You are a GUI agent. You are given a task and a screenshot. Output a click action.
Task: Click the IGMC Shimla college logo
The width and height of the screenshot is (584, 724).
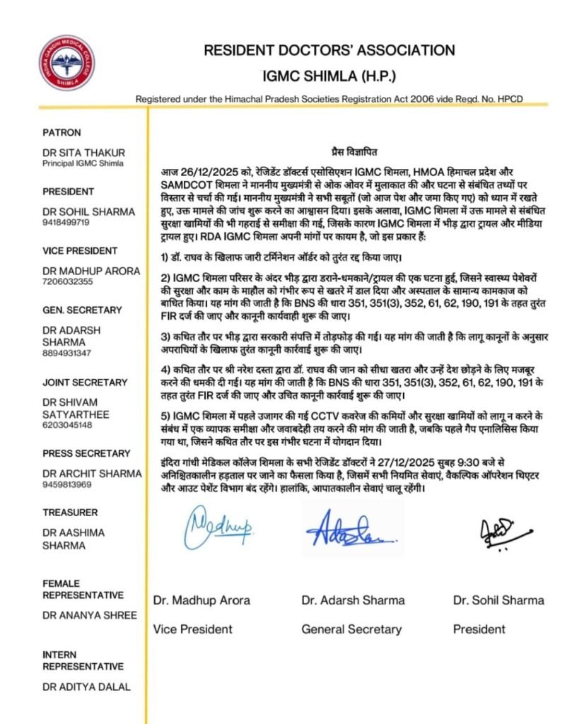point(66,62)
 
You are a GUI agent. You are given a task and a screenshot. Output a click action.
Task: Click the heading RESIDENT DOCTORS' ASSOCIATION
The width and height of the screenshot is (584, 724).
point(329,50)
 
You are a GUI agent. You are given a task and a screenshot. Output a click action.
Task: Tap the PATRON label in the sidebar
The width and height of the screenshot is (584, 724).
point(62,132)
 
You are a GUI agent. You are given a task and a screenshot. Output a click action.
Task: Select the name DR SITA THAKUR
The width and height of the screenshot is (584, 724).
point(83,153)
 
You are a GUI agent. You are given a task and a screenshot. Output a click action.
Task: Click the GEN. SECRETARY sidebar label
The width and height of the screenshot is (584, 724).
point(83,310)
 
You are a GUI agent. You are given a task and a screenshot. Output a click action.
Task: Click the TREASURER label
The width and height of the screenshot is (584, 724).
point(71,512)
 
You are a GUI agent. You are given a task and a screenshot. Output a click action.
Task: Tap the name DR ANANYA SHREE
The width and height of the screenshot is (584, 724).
point(90,615)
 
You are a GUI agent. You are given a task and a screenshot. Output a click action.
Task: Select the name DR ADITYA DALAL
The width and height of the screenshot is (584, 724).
point(87,687)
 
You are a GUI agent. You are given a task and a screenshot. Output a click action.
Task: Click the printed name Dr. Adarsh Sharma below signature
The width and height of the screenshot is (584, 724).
point(353,600)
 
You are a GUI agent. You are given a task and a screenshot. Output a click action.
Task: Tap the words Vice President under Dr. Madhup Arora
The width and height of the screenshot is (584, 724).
point(192,629)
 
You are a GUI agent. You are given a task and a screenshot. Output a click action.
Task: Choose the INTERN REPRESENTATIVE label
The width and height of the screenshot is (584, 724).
point(83,660)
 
